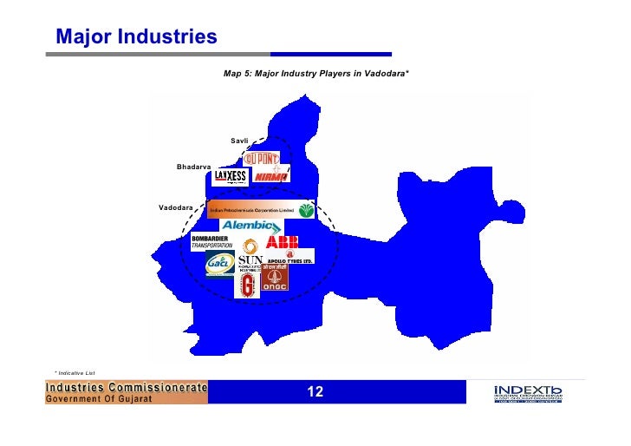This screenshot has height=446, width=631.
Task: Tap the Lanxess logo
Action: (x=231, y=177)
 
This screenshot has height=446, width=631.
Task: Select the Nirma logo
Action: (x=272, y=177)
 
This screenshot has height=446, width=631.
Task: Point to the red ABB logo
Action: (x=283, y=242)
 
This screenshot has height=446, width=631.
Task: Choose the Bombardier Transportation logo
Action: (x=212, y=242)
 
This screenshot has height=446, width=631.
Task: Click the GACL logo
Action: (x=219, y=264)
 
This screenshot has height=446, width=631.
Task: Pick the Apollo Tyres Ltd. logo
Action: (x=289, y=257)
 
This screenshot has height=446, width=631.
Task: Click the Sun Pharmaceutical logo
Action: (x=250, y=263)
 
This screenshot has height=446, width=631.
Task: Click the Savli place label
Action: (x=239, y=140)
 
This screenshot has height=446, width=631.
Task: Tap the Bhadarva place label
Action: (x=193, y=166)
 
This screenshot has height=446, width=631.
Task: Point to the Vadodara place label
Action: (x=175, y=207)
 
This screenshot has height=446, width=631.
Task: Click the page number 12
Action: (x=315, y=393)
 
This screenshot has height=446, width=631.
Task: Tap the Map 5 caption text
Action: (x=315, y=74)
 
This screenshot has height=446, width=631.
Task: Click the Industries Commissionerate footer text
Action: (x=127, y=387)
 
